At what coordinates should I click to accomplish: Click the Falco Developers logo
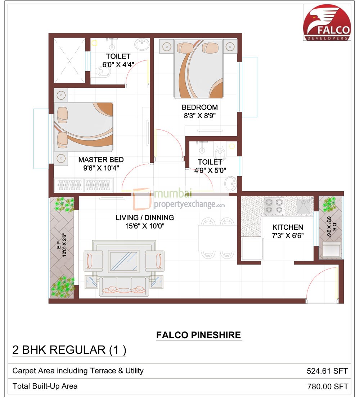pyautogui.click(x=327, y=22)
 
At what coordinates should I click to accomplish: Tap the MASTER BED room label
pyautogui.click(x=101, y=160)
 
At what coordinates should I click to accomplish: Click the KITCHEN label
pyautogui.click(x=288, y=227)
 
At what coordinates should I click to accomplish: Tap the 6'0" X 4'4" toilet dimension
pyautogui.click(x=118, y=65)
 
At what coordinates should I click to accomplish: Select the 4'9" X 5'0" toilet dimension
pyautogui.click(x=210, y=170)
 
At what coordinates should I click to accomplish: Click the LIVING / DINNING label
pyautogui.click(x=145, y=218)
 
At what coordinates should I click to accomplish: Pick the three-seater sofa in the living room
pyautogui.click(x=124, y=286)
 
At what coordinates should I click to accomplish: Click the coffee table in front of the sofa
pyautogui.click(x=124, y=261)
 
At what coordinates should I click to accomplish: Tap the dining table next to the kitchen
pyautogui.click(x=217, y=238)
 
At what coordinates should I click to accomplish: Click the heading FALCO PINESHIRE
pyautogui.click(x=198, y=335)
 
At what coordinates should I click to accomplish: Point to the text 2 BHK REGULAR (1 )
pyautogui.click(x=69, y=350)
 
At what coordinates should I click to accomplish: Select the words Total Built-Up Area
pyautogui.click(x=45, y=386)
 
